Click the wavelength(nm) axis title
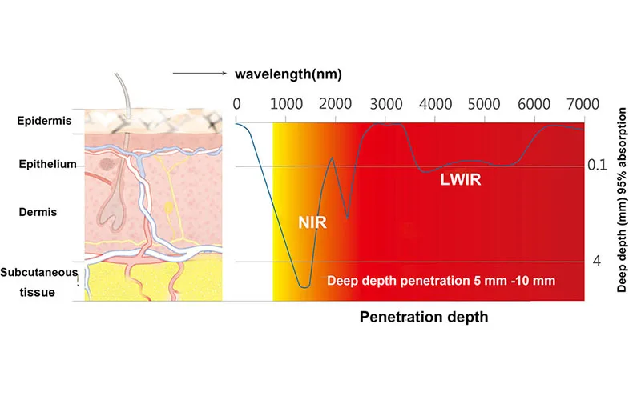(288, 75)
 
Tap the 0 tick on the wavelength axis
(236, 103)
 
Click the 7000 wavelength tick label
(583, 103)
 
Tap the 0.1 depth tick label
(597, 166)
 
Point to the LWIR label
(461, 180)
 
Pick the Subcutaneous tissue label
(38, 282)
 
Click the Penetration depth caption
(423, 317)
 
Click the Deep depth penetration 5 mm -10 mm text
(441, 281)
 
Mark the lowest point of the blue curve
(304, 286)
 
